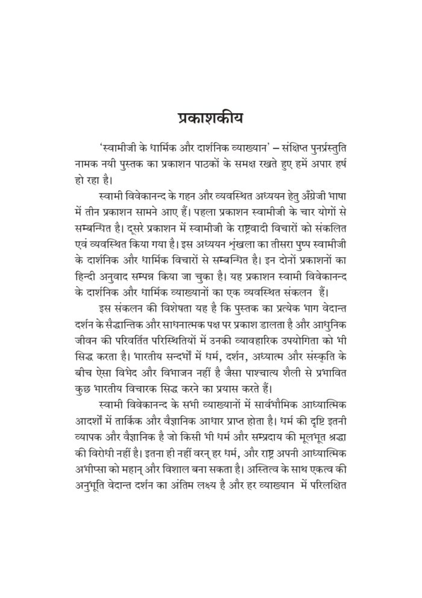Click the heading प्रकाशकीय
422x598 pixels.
[211, 117]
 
